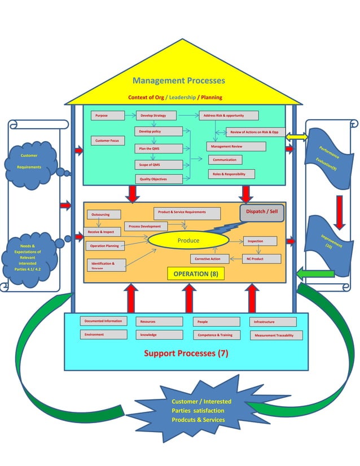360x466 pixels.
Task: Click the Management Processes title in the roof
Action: pyautogui.click(x=179, y=81)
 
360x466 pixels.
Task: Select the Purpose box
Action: pyautogui.click(x=107, y=116)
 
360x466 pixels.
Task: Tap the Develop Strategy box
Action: pyautogui.click(x=156, y=116)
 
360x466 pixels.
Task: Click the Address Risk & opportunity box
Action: pyautogui.click(x=228, y=116)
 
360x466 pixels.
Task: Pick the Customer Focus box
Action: pyautogui.click(x=108, y=140)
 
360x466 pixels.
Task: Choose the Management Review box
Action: pyautogui.click(x=236, y=147)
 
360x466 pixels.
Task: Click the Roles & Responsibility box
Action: pyautogui.click(x=231, y=174)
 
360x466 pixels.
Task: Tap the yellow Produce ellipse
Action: pyautogui.click(x=188, y=241)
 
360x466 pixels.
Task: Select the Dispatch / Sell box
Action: pyautogui.click(x=262, y=213)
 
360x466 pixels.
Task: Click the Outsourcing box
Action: pyautogui.click(x=102, y=214)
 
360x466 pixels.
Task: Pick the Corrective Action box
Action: pyautogui.click(x=209, y=259)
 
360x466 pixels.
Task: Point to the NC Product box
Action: pyautogui.click(x=261, y=259)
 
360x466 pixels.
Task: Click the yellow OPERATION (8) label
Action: pyautogui.click(x=195, y=274)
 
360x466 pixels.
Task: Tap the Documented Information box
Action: pyautogui.click(x=103, y=321)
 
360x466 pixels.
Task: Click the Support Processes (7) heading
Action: pyautogui.click(x=186, y=354)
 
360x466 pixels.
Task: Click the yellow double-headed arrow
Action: pyautogui.click(x=297, y=137)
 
